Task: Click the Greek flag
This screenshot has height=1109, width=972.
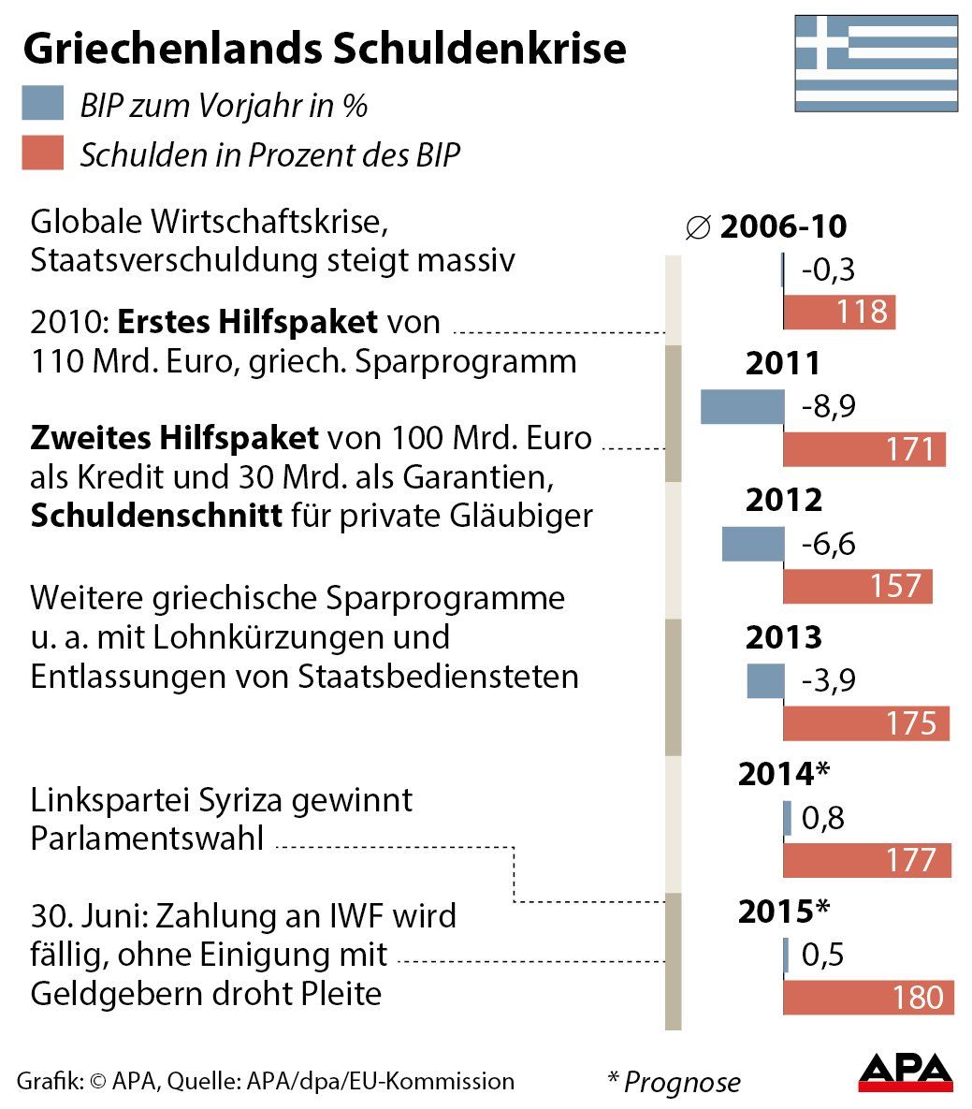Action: coord(876,63)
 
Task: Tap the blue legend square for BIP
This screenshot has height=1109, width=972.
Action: coord(43,104)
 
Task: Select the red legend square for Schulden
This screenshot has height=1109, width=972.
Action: coord(43,153)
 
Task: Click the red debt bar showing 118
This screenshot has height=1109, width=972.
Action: coord(839,312)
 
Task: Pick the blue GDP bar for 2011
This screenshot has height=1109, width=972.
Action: coord(743,406)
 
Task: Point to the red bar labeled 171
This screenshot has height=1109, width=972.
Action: coord(864,449)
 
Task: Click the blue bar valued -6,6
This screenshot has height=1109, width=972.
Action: coord(753,544)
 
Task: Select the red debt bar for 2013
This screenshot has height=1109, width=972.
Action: coord(866,723)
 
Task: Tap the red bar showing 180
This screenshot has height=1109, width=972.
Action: coord(868,998)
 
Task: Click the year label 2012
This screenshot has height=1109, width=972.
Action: coord(783,500)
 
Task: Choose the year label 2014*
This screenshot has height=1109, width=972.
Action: coord(784,774)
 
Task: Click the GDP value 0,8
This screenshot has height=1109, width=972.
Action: coord(823,818)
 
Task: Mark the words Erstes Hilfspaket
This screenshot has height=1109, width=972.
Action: coord(248,322)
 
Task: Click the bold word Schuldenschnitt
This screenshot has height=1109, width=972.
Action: coord(156,516)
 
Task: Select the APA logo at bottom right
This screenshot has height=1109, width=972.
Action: coord(905,1073)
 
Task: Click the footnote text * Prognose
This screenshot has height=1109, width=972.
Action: coord(674,1082)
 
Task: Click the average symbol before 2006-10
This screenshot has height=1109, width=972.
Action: coord(698,227)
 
